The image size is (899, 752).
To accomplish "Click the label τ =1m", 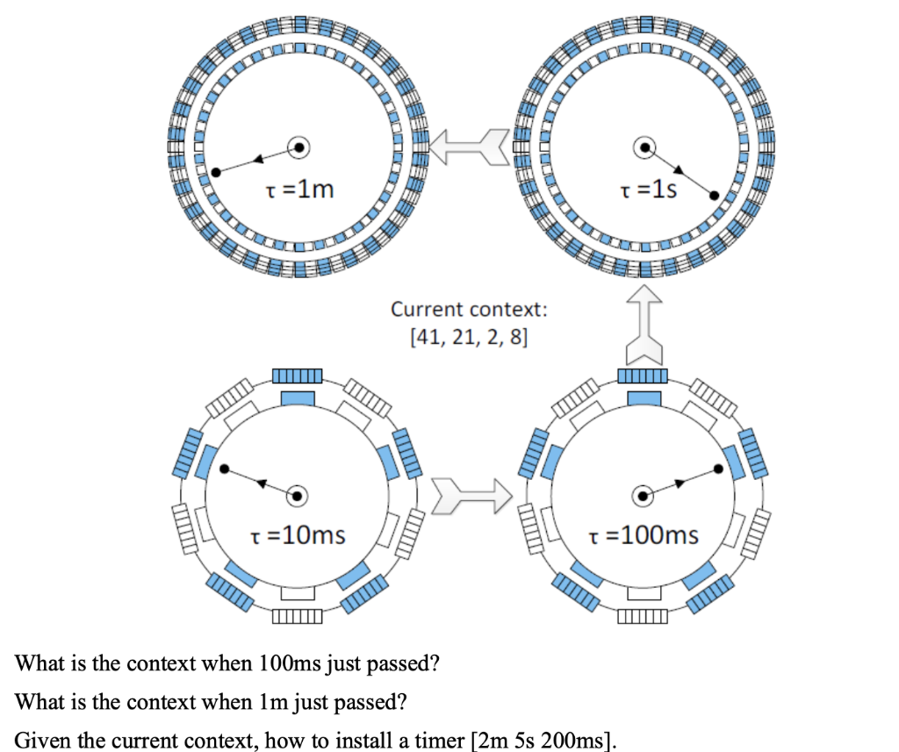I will [298, 189].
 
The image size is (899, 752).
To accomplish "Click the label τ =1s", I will [649, 189].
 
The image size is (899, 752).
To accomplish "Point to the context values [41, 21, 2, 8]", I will [469, 337].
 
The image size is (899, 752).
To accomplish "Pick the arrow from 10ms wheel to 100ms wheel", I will [471, 497].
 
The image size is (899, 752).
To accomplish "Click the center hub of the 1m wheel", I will [299, 147].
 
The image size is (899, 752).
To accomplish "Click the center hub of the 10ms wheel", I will [298, 496].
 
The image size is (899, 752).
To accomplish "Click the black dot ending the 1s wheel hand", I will [715, 195].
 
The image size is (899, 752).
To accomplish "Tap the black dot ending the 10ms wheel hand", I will [225, 469].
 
